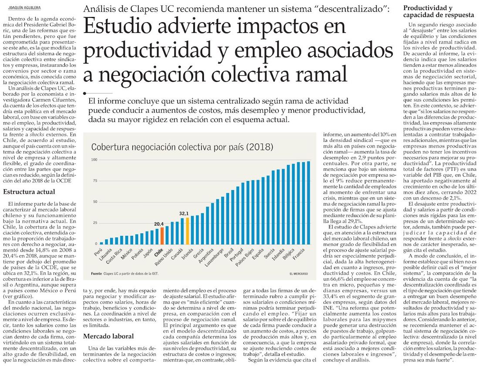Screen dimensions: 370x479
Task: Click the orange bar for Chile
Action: click(x=162, y=235)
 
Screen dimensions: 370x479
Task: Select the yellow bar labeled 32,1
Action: click(x=188, y=231)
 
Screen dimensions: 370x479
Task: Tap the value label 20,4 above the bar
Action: click(x=159, y=224)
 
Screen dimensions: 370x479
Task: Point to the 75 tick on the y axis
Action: click(x=94, y=181)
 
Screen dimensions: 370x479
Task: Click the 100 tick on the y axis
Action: click(x=94, y=160)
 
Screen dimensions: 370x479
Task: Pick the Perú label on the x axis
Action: click(x=98, y=253)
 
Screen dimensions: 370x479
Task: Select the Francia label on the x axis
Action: click(x=298, y=255)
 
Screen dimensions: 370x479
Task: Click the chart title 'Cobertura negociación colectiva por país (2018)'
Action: click(x=182, y=147)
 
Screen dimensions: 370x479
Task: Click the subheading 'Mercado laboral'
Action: click(x=108, y=336)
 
